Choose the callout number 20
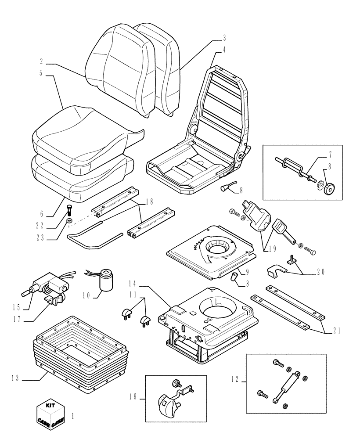click(321, 272)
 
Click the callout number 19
click(271, 248)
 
